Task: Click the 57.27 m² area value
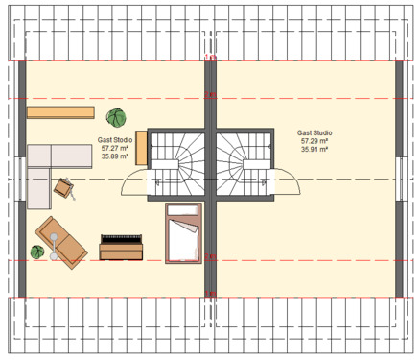[x=116, y=149]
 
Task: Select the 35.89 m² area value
[x=116, y=157]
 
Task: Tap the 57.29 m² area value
[x=314, y=141]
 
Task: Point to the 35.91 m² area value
[x=314, y=150]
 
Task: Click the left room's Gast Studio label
[x=116, y=140]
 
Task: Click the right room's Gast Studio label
[x=314, y=132]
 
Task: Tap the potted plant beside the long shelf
[x=117, y=119]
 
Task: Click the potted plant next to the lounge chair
[x=37, y=252]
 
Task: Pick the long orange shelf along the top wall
[x=59, y=112]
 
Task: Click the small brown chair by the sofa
[x=65, y=188]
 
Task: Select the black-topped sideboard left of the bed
[x=122, y=246]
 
